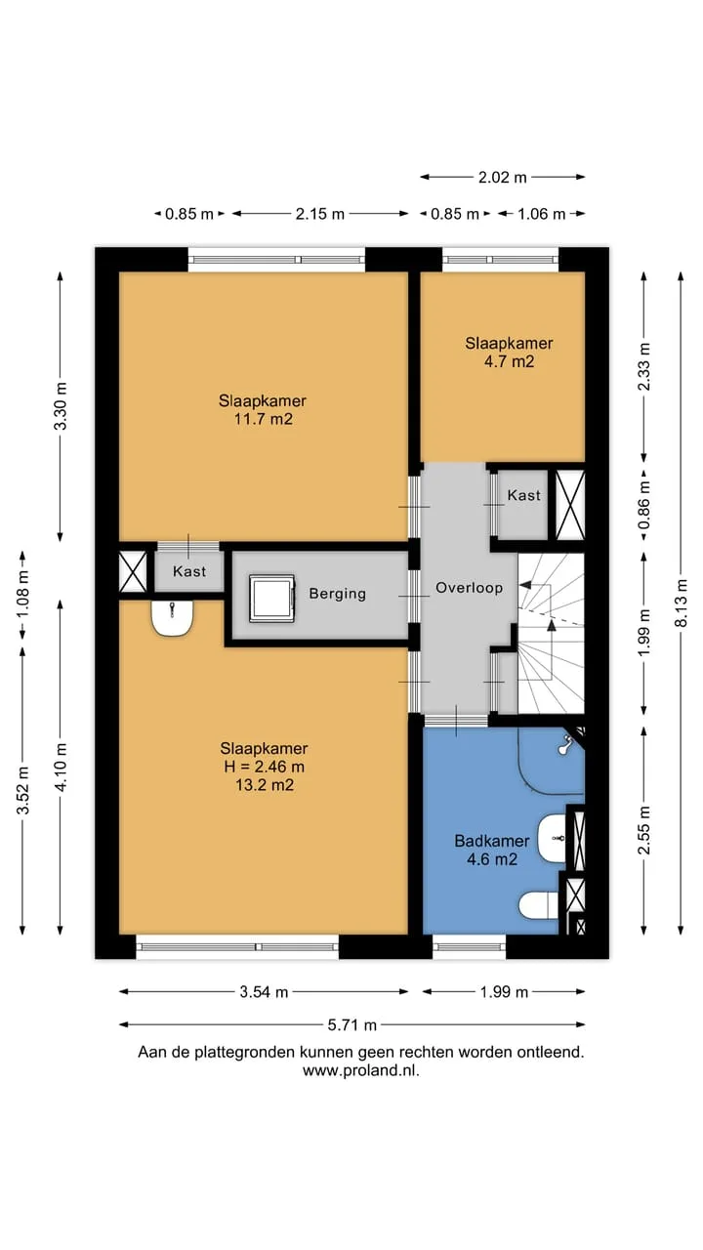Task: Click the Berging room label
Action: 338,593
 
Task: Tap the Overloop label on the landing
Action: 470,588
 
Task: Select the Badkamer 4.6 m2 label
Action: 492,850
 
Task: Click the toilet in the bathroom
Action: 538,904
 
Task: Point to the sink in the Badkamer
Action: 553,838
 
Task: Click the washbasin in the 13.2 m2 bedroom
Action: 173,618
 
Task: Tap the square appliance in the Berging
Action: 271,599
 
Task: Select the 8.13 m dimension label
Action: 682,603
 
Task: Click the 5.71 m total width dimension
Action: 352,1025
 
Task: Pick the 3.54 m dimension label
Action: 264,992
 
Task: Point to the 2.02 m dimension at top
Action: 502,178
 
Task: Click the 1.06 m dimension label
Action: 541,214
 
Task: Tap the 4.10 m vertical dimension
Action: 61,767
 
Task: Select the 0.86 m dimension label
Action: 644,505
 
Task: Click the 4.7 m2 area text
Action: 509,361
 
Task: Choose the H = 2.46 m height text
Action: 265,767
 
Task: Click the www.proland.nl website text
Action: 361,1071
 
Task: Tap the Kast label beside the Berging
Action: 189,571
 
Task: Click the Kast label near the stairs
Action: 524,495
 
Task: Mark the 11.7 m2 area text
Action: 263,419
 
